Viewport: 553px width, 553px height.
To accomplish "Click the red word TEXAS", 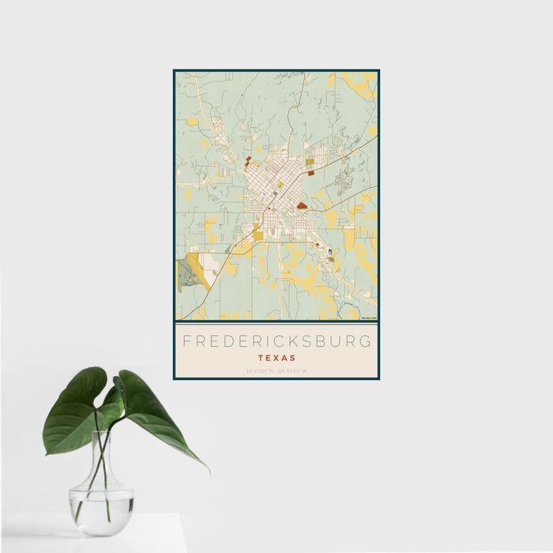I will tap(276, 357).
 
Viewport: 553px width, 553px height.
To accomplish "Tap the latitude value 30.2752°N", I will tap(260, 370).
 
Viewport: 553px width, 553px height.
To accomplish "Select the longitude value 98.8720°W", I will tap(292, 370).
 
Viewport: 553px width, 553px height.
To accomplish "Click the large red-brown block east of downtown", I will tap(302, 205).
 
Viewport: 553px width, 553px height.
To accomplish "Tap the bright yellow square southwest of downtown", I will tap(258, 235).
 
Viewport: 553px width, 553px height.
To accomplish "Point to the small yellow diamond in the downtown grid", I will tap(280, 185).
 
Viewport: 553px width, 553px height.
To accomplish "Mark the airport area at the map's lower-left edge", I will tap(190, 273).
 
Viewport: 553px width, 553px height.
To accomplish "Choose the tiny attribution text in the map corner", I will tap(368, 318).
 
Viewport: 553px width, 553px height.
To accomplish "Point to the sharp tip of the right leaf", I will tap(209, 472).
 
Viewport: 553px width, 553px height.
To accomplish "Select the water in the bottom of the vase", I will tap(100, 502).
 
